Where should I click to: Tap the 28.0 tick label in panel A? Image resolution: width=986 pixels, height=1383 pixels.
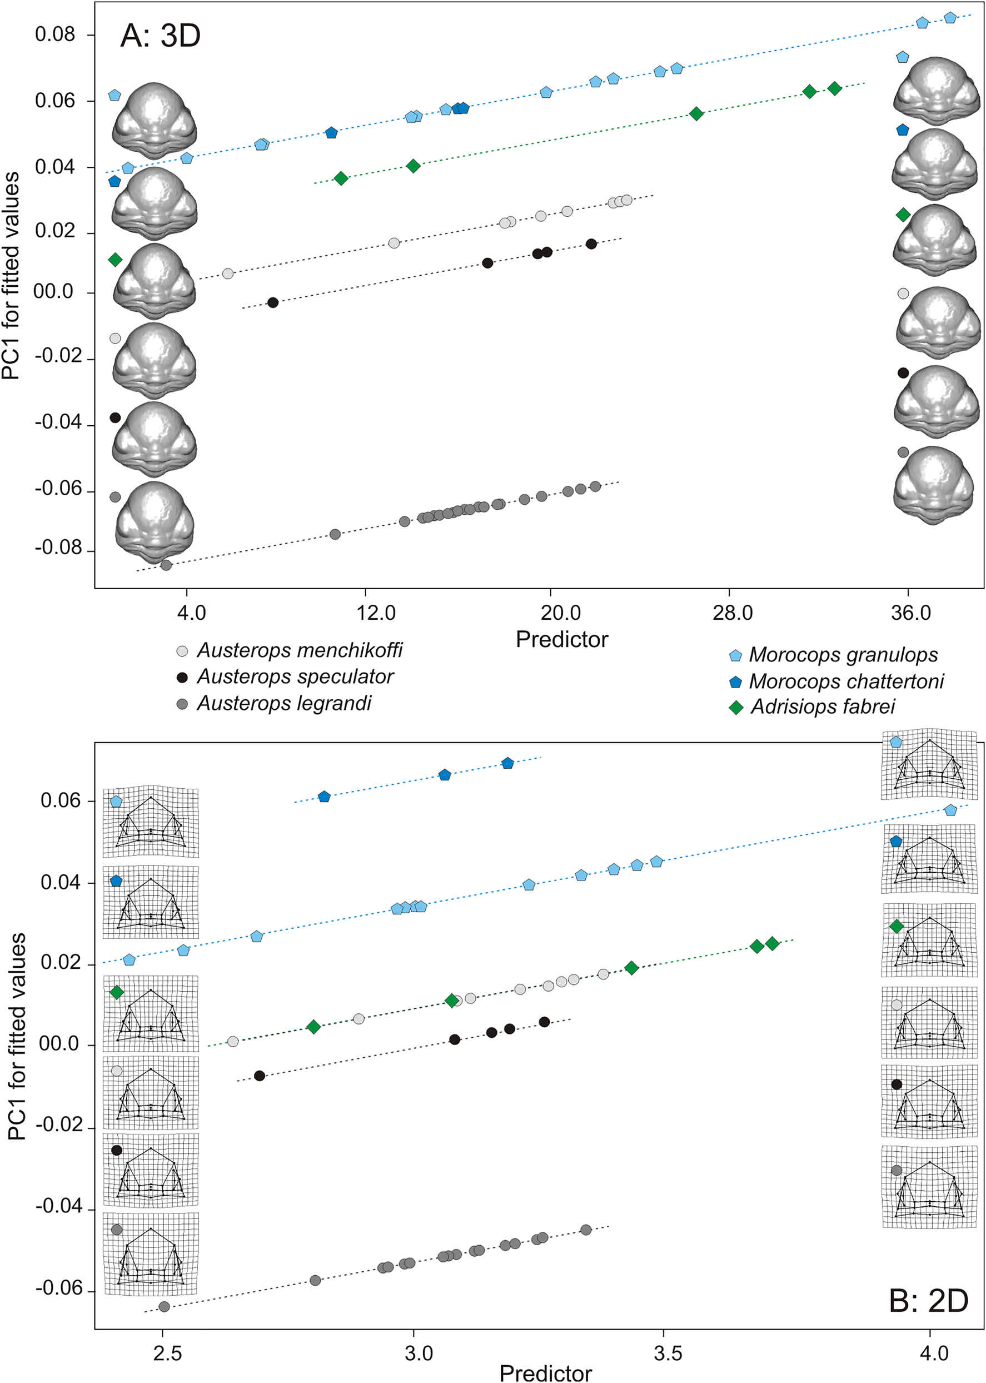pyautogui.click(x=732, y=613)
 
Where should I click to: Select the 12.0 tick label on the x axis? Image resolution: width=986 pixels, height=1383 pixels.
pyautogui.click(x=376, y=613)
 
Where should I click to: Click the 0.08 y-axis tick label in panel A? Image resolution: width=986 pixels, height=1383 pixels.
pyautogui.click(x=54, y=34)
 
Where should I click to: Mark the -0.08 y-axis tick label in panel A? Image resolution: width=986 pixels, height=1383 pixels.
pyautogui.click(x=58, y=548)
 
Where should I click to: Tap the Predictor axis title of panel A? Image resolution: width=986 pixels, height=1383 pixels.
pyautogui.click(x=561, y=639)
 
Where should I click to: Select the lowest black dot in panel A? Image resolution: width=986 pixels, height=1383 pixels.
pyautogui.click(x=272, y=302)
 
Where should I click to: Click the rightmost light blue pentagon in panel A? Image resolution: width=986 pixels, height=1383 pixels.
pyautogui.click(x=950, y=18)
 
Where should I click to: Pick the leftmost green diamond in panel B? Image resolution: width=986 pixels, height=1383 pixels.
pyautogui.click(x=313, y=1027)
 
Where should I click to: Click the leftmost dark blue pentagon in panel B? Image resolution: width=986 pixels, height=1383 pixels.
pyautogui.click(x=324, y=797)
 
